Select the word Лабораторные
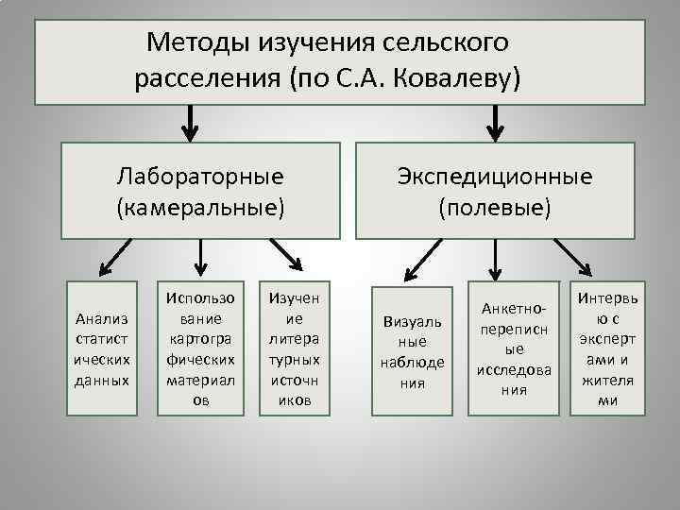coord(200,176)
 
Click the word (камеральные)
coord(200,206)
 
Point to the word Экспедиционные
coord(495,176)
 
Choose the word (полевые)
coord(495,206)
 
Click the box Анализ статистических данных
coord(100,348)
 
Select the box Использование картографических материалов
coord(200,348)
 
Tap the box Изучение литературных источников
coord(295,348)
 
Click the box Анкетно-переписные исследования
coord(514,348)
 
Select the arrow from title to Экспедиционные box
coord(494,121)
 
